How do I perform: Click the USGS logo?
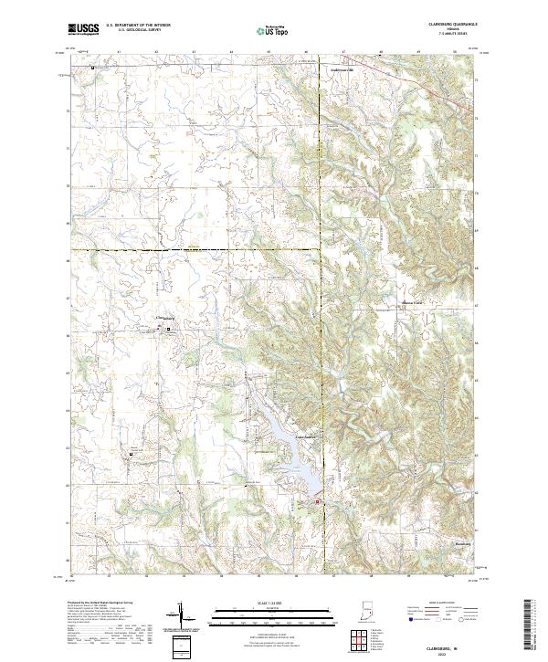click(83, 30)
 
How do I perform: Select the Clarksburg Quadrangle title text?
click(447, 25)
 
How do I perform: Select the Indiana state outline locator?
click(368, 610)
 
